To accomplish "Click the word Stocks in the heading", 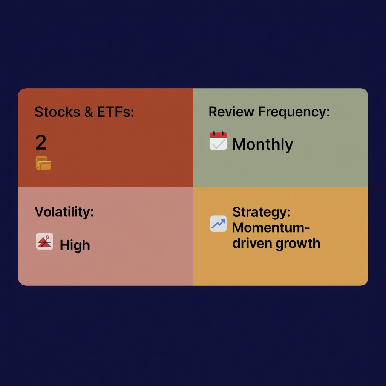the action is click(57, 112).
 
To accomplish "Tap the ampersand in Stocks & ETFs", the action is click(89, 112).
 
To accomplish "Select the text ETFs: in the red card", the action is click(115, 112).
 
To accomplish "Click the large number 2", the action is click(41, 142).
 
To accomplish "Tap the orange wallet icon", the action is click(44, 163).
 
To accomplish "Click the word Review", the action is click(231, 112).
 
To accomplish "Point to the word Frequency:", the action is click(294, 112).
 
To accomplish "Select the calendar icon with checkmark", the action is click(218, 141).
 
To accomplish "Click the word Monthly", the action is click(262, 144).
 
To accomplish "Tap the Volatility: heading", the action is click(64, 212).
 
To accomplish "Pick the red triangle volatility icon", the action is click(44, 241).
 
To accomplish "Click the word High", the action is click(75, 245).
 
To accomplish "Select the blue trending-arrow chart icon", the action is click(218, 224).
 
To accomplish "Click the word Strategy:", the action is click(262, 212).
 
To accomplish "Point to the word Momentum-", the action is click(271, 228).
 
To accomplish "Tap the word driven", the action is click(252, 243).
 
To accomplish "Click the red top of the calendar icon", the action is click(218, 135).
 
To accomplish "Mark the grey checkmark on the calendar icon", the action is click(219, 144).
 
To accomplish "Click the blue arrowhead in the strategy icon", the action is click(223, 221).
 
